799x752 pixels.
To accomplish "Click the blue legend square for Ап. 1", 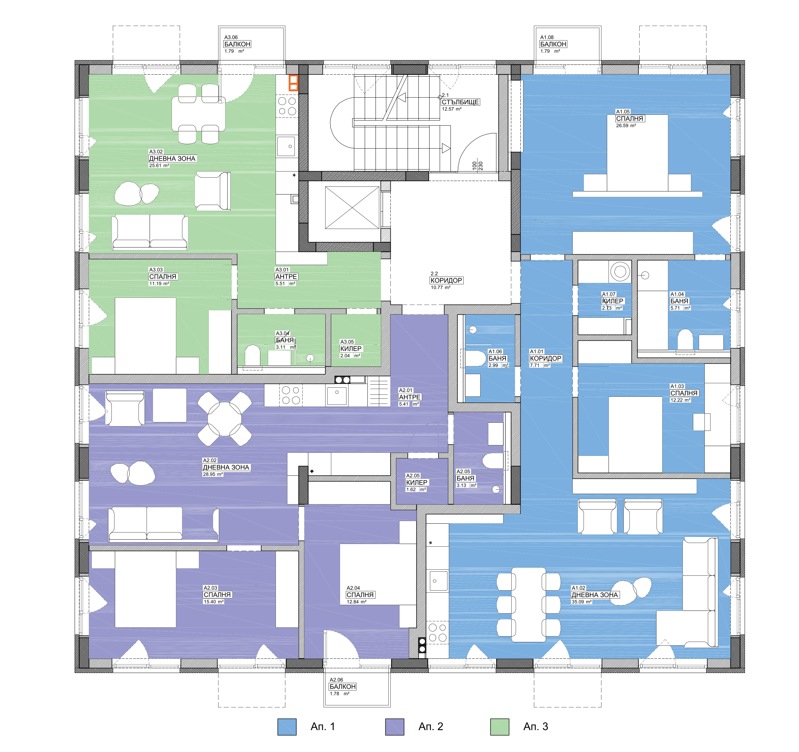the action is (x=287, y=727).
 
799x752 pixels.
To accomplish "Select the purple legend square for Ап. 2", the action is (x=395, y=727).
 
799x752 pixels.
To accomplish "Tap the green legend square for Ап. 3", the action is (x=499, y=727).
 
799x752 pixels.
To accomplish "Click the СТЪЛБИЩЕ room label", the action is (x=460, y=102).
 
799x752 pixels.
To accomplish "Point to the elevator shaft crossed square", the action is (x=352, y=207).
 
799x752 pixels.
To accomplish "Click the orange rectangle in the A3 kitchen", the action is (x=293, y=83).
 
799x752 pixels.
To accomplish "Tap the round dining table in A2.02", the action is (x=224, y=419).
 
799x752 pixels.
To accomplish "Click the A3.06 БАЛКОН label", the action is (x=237, y=44).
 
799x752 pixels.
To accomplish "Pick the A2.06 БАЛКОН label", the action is (x=343, y=686).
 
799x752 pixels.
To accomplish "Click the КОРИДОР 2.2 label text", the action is (x=446, y=280).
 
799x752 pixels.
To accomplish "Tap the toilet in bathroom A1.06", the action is (x=473, y=359).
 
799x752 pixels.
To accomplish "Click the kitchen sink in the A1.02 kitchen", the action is (x=438, y=581).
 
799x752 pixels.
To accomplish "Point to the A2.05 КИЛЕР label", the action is (x=417, y=482).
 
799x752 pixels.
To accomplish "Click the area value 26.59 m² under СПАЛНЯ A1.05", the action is (x=626, y=125).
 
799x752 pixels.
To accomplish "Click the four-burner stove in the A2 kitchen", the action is (x=291, y=395).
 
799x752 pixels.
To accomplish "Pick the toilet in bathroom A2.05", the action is (x=493, y=461).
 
